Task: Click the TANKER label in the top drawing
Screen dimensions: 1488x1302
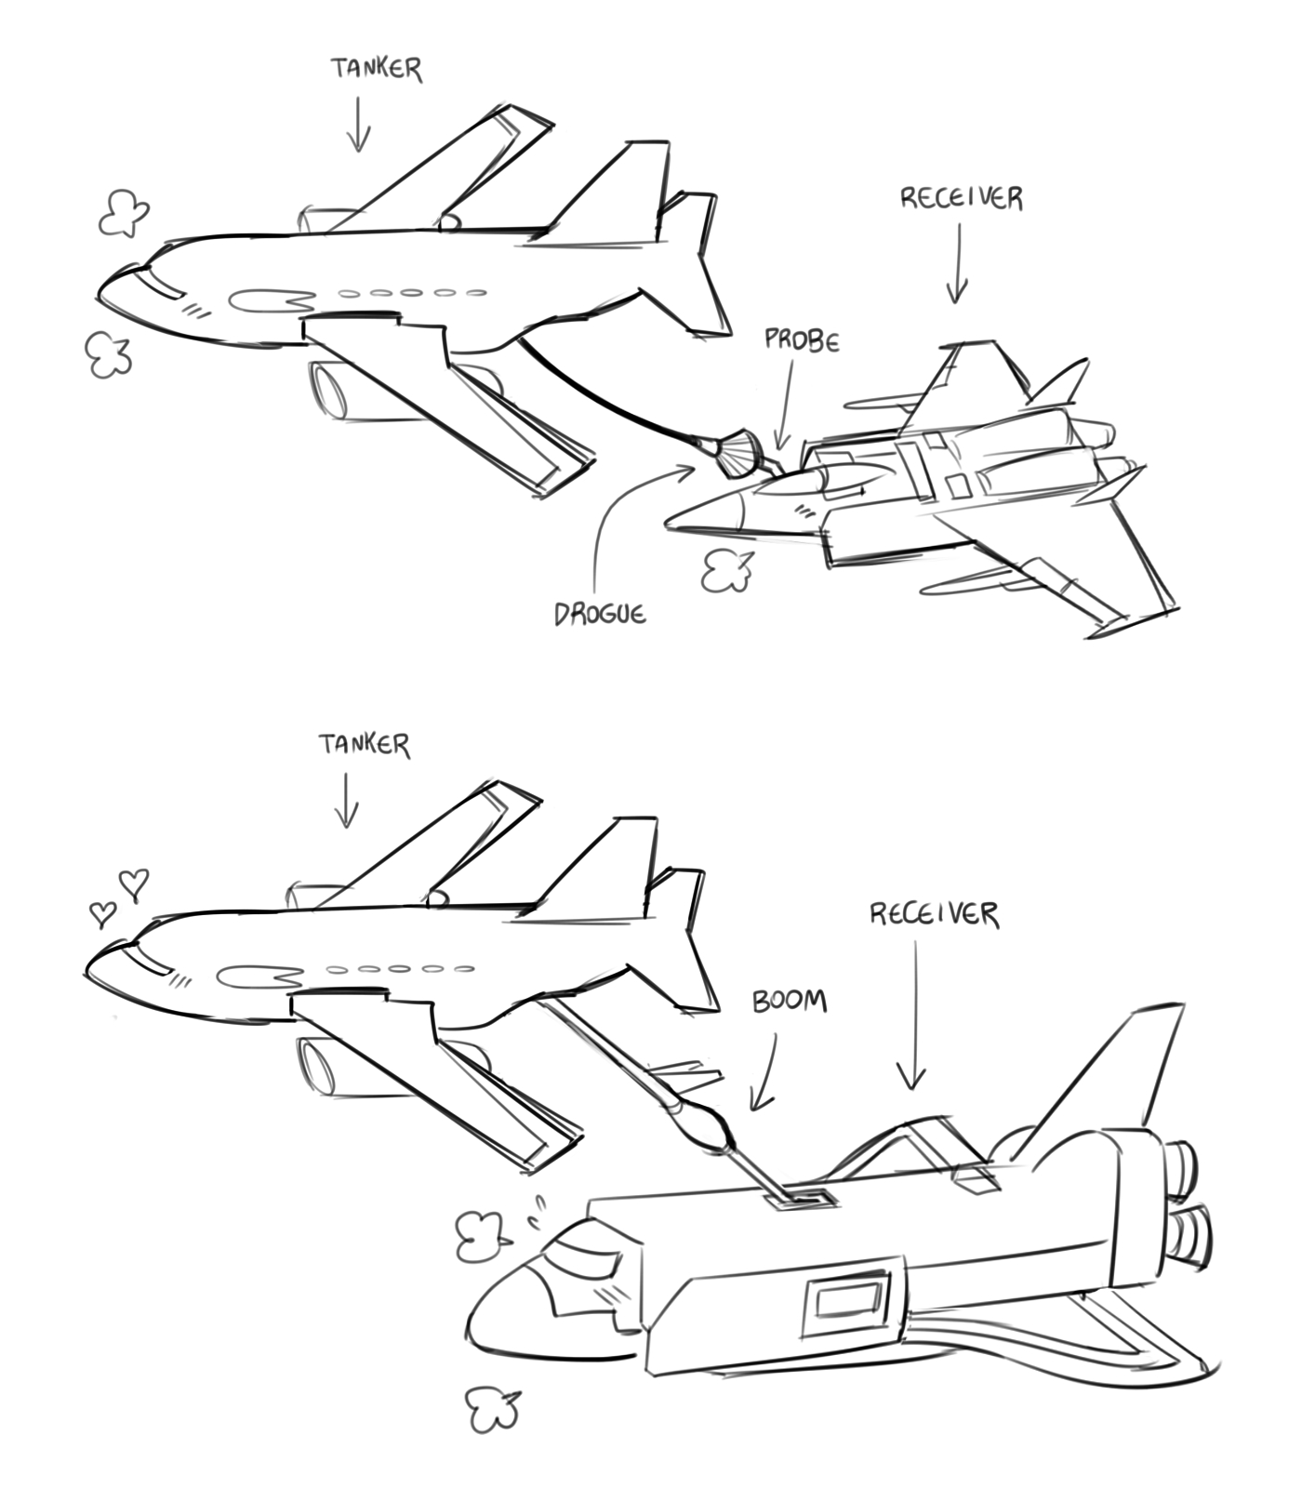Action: pos(377,69)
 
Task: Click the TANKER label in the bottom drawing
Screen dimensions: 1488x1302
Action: pos(365,745)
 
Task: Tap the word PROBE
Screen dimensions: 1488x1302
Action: pos(802,340)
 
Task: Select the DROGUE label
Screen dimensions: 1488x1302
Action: pos(600,614)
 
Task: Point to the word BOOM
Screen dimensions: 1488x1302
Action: pos(789,1002)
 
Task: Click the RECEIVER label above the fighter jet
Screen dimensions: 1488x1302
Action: pos(962,198)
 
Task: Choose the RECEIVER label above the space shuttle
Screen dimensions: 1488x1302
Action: pos(935,914)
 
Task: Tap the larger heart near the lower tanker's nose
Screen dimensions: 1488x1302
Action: pos(135,883)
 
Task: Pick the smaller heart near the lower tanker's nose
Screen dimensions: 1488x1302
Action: pos(102,913)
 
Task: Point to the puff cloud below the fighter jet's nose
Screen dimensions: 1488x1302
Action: pos(726,570)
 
